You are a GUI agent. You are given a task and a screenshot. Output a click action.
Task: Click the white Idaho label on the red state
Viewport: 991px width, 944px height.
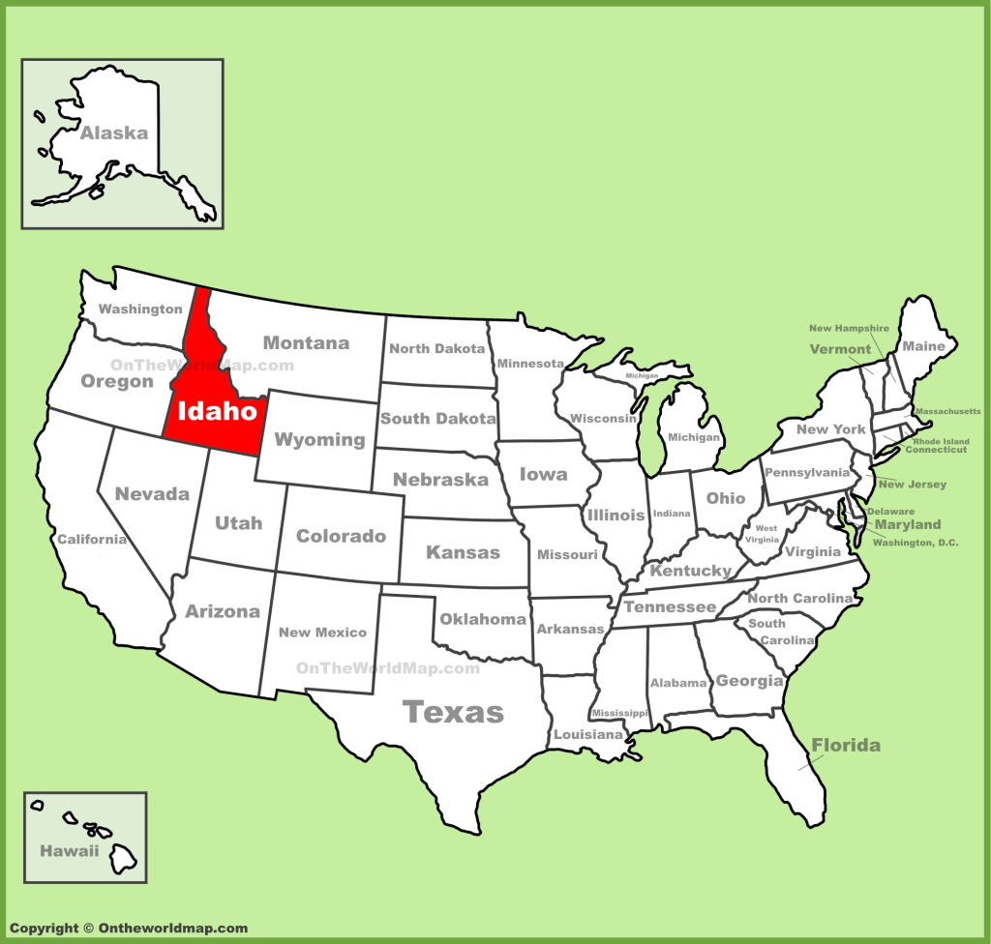tap(218, 410)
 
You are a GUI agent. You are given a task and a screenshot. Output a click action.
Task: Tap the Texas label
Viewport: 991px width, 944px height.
tap(453, 713)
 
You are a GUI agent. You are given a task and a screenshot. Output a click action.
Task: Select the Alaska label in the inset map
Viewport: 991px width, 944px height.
tap(113, 133)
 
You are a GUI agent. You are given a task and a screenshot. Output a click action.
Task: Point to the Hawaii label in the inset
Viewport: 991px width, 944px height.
tap(69, 851)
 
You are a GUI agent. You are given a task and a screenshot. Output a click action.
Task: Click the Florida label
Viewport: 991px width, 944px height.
tap(846, 745)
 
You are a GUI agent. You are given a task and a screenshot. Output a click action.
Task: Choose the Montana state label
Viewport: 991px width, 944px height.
tap(306, 342)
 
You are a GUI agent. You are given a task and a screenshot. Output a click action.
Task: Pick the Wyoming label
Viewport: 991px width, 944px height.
tap(319, 439)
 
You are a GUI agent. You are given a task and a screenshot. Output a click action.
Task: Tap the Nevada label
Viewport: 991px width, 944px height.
tap(152, 493)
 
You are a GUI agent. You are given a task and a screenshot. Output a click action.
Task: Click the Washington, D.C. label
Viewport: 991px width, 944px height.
tap(915, 543)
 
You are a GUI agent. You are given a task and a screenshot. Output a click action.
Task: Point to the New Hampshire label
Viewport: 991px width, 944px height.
tap(848, 328)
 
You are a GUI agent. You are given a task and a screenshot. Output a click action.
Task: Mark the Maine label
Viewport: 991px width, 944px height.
tap(923, 345)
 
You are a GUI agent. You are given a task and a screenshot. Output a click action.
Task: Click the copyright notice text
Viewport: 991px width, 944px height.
tap(129, 929)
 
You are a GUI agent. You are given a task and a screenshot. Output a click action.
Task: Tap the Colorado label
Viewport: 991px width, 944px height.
tap(341, 536)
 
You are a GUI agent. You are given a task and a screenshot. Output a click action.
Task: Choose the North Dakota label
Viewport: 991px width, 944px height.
tap(435, 348)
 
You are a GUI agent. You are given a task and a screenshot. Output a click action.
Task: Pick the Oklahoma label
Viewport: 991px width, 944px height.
tap(482, 619)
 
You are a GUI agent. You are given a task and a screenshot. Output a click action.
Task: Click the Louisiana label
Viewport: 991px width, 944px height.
tap(588, 735)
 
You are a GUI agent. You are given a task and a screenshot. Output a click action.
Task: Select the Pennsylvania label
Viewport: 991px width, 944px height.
tap(806, 473)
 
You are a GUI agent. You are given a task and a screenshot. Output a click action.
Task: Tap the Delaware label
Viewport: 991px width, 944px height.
tap(890, 511)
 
